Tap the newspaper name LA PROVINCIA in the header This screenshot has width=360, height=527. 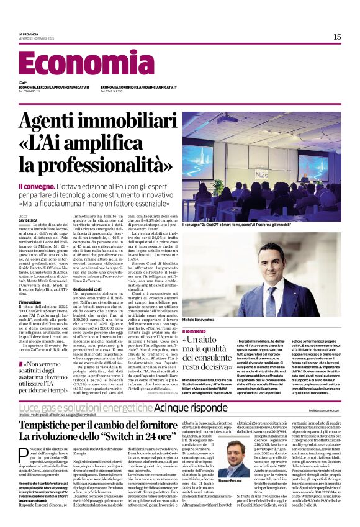(29, 34)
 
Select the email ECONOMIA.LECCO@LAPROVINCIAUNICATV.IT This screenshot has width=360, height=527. (54, 88)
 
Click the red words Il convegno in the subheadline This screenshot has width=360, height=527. (38, 186)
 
